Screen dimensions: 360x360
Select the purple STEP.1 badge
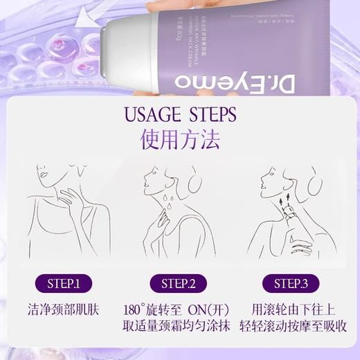click(64, 283)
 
